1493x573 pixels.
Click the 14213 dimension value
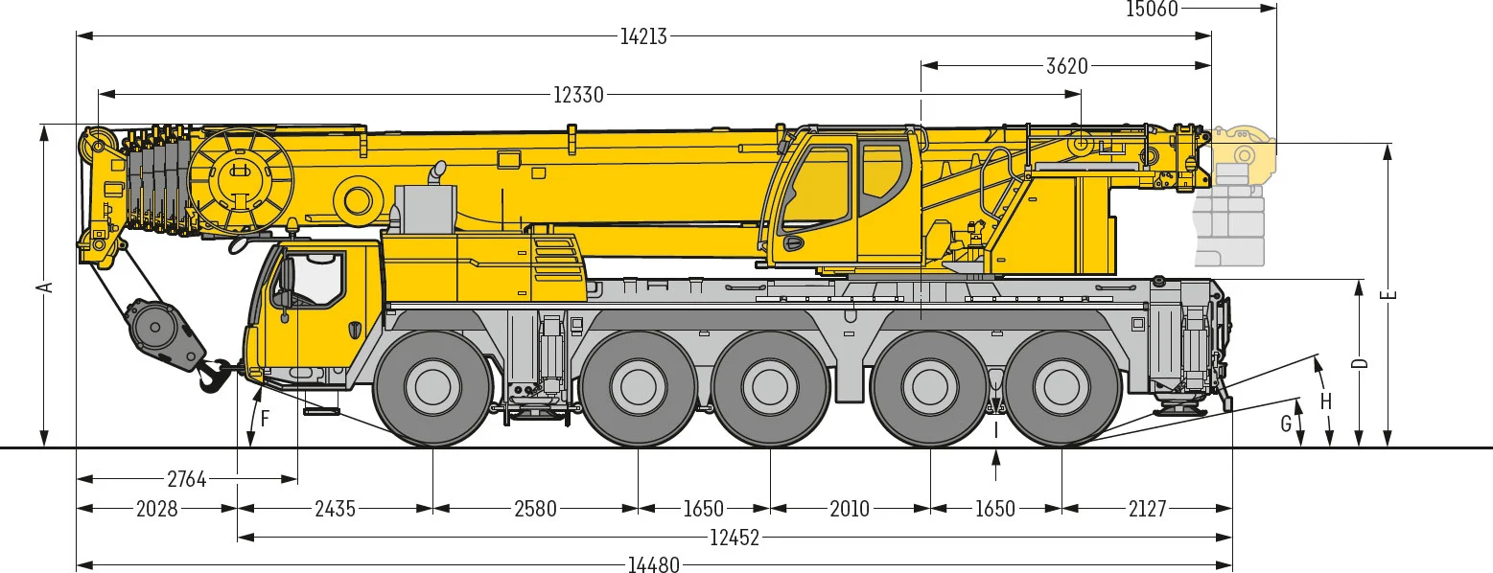[643, 36]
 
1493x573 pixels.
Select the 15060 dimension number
[1153, 10]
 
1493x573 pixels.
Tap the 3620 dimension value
[1067, 66]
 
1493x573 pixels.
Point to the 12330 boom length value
[578, 95]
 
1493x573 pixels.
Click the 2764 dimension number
[187, 479]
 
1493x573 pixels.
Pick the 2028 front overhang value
[157, 509]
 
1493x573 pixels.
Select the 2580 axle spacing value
[535, 509]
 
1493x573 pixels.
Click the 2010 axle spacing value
[850, 509]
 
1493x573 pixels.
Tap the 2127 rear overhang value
[1148, 509]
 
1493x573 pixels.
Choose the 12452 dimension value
[735, 538]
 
